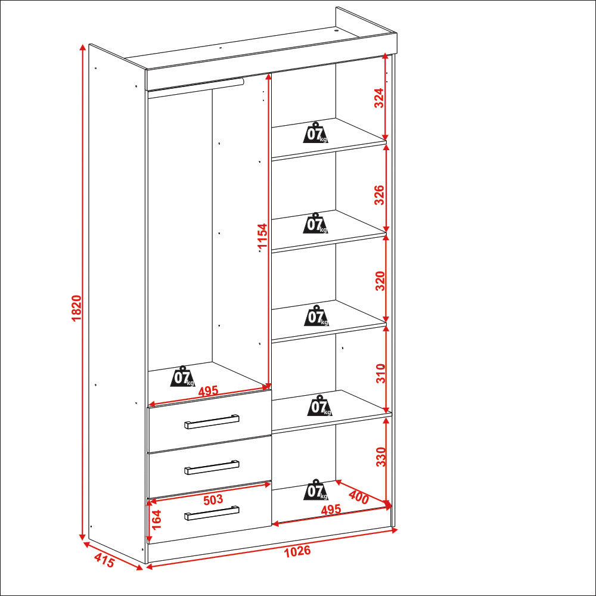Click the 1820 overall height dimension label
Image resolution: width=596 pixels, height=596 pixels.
click(x=76, y=308)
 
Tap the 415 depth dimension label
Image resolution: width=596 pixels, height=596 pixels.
click(x=104, y=560)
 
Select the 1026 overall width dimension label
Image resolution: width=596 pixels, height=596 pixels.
click(x=297, y=551)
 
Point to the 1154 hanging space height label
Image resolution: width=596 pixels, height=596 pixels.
click(x=263, y=237)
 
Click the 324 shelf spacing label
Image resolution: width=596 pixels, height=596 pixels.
click(x=379, y=98)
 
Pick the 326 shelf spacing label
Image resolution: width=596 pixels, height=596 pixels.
click(x=379, y=195)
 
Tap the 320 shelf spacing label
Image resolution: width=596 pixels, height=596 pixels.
click(x=380, y=281)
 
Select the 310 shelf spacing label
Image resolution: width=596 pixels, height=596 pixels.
click(x=380, y=373)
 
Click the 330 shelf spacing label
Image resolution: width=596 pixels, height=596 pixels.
click(x=381, y=457)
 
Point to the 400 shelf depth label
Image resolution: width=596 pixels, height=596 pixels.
click(x=358, y=498)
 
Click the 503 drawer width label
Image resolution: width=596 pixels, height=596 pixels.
click(x=213, y=500)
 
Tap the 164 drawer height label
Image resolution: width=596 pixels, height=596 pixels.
click(x=156, y=519)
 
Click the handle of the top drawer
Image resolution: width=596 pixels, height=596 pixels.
click(x=212, y=421)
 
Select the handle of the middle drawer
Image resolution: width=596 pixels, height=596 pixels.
click(x=212, y=467)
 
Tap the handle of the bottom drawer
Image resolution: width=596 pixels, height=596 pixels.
click(x=212, y=513)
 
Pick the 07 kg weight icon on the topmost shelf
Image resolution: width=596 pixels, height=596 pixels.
click(x=315, y=132)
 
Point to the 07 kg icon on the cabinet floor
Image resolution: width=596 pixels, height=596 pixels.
click(x=315, y=489)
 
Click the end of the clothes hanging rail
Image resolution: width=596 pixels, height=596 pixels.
click(x=242, y=81)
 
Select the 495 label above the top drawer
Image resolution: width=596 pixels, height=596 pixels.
click(x=208, y=391)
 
